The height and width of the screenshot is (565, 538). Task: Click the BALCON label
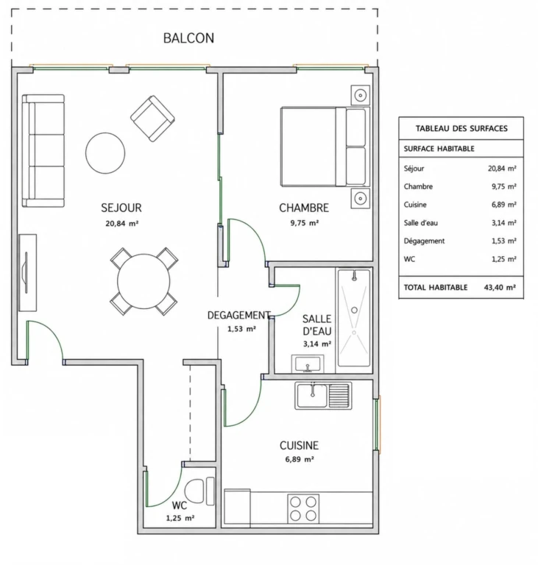(x=188, y=38)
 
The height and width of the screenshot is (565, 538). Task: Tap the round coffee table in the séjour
(x=105, y=153)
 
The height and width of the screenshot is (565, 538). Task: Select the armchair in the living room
(x=152, y=118)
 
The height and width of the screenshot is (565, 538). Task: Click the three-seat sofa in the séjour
(x=43, y=151)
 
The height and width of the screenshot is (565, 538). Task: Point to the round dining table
(x=144, y=281)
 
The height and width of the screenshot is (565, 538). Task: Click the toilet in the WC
(x=199, y=491)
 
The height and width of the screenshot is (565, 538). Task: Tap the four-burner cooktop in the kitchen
(x=303, y=508)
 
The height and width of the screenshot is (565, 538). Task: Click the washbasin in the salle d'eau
(x=308, y=364)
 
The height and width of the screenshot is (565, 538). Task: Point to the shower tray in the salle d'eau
(x=354, y=317)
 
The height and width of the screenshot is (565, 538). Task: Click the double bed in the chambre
(x=325, y=146)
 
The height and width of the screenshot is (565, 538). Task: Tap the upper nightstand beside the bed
(x=360, y=95)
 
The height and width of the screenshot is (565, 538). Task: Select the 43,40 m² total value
(x=500, y=287)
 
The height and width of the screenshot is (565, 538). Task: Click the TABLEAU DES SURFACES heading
(x=461, y=128)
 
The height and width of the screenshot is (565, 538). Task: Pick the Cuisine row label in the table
(x=415, y=205)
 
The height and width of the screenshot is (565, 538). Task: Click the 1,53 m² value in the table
(x=503, y=241)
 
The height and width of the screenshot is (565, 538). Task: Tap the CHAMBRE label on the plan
(x=304, y=207)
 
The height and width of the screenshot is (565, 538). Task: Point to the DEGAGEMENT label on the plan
(x=238, y=316)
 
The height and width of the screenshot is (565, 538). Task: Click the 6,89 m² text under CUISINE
(x=300, y=459)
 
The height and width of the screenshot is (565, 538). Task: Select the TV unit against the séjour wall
(x=28, y=272)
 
